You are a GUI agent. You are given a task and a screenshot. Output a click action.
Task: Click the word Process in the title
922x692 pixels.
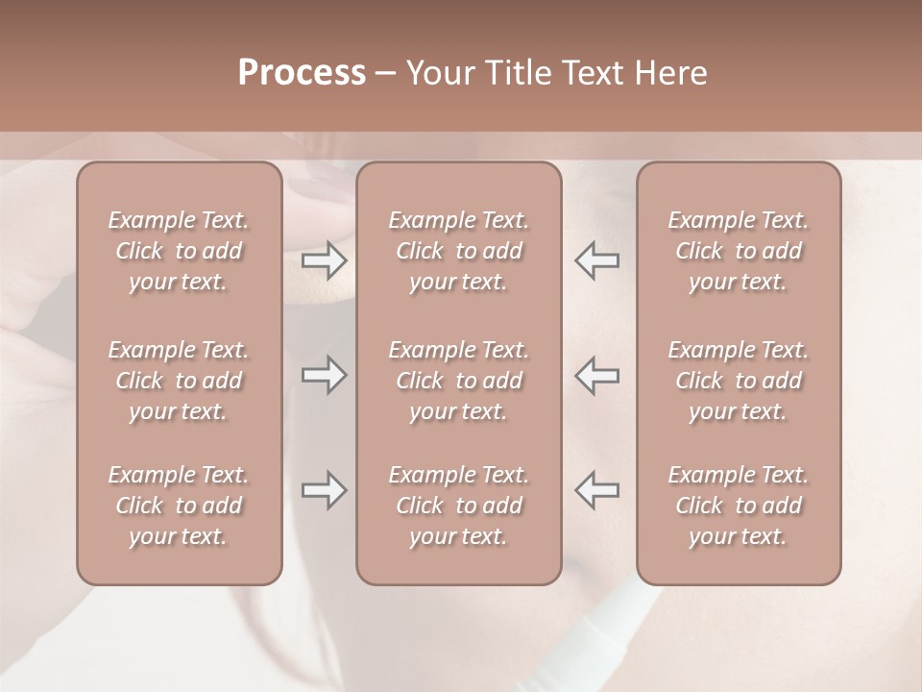pos(302,73)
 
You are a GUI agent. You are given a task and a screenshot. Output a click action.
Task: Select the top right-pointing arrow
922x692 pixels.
pos(324,260)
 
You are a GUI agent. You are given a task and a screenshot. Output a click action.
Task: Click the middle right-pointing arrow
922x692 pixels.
pos(324,375)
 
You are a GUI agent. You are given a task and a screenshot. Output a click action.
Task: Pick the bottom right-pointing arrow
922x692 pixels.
pos(324,490)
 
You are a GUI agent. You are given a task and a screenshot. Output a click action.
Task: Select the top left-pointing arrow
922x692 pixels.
pos(597,260)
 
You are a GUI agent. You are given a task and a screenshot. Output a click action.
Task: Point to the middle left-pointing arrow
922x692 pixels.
pos(597,375)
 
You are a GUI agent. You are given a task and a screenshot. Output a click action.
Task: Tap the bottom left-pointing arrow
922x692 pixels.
pos(597,490)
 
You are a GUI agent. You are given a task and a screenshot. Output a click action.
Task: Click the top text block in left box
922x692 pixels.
pos(179,251)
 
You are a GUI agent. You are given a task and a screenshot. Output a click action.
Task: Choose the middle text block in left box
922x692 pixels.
pos(179,381)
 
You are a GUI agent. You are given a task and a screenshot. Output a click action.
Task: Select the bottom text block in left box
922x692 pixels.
pos(179,506)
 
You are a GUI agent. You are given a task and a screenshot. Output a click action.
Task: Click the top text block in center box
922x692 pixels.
pos(458,251)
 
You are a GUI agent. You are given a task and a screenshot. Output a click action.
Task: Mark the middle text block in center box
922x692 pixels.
pos(458,381)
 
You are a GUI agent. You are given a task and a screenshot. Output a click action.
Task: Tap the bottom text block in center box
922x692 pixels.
pos(458,506)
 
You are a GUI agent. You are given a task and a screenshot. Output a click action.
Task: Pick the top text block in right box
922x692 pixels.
pos(739,251)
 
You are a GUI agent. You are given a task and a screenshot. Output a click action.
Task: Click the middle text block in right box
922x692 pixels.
pos(739,381)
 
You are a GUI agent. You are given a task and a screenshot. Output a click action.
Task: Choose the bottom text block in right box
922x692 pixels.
pos(739,506)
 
